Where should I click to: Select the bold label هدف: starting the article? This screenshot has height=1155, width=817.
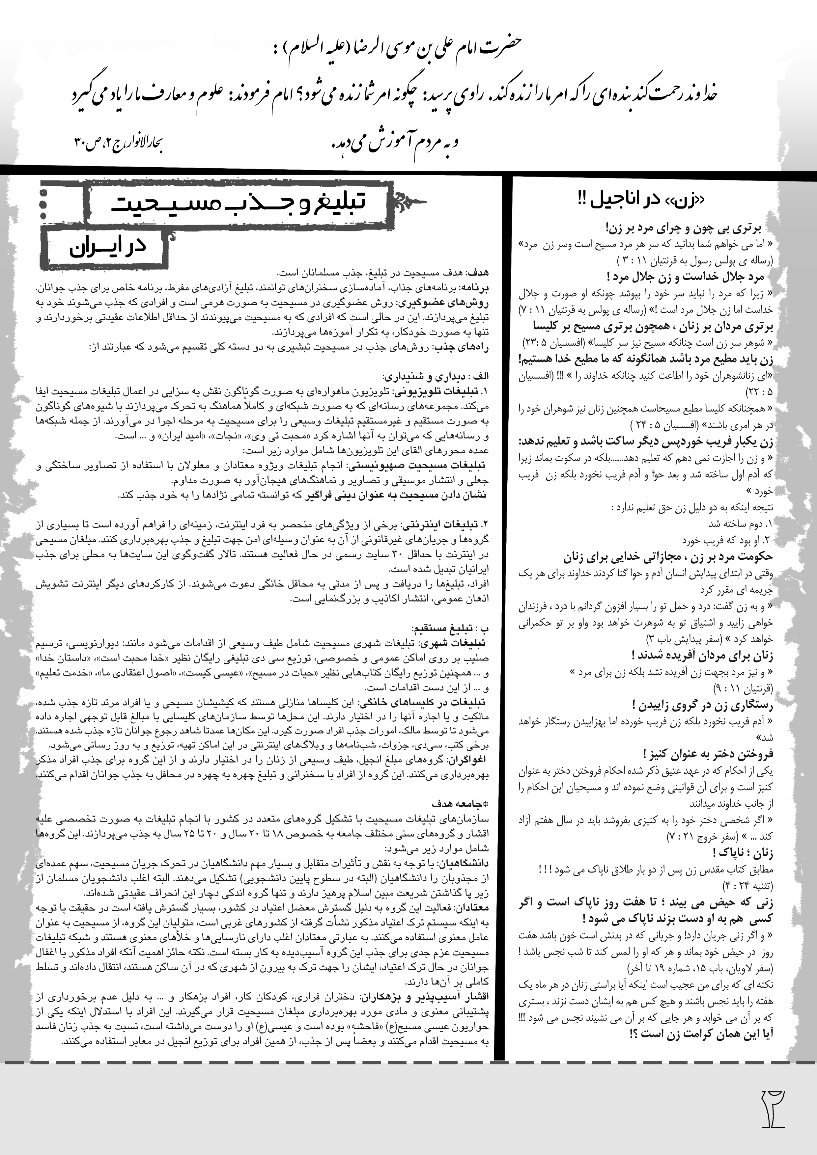click(x=477, y=273)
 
